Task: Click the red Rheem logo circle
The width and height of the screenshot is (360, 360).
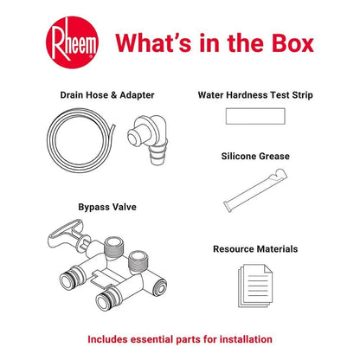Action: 72,42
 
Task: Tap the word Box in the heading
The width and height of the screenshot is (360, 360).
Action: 292,43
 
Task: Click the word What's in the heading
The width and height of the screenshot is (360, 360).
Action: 153,42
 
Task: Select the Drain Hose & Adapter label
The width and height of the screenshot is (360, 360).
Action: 107,95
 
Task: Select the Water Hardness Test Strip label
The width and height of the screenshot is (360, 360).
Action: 255,95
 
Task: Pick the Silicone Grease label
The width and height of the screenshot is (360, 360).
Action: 255,156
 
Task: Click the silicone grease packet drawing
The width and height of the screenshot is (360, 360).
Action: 255,190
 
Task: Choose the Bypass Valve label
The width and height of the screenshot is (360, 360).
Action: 107,207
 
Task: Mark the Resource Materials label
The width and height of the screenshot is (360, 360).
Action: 255,249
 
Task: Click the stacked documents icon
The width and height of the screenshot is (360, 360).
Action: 255,286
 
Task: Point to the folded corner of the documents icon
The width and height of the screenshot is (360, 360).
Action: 267,269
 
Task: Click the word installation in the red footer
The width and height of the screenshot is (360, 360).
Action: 246,339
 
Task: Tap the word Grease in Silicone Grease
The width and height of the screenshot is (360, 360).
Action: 273,156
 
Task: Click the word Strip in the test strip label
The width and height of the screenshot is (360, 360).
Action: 302,95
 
